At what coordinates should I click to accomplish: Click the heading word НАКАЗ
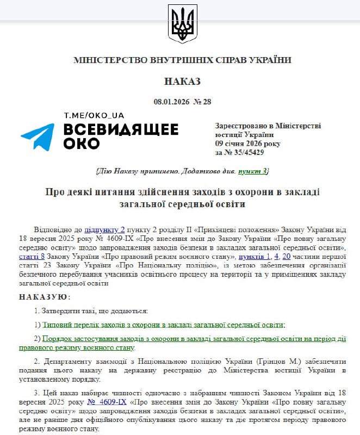[x=182, y=82]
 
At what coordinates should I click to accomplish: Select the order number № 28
[x=202, y=102]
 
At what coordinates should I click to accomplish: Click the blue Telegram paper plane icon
[x=38, y=136]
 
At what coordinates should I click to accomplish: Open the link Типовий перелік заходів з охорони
[x=163, y=325]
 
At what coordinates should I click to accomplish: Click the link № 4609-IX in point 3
[x=107, y=402]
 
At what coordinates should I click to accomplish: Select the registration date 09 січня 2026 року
[x=248, y=144]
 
